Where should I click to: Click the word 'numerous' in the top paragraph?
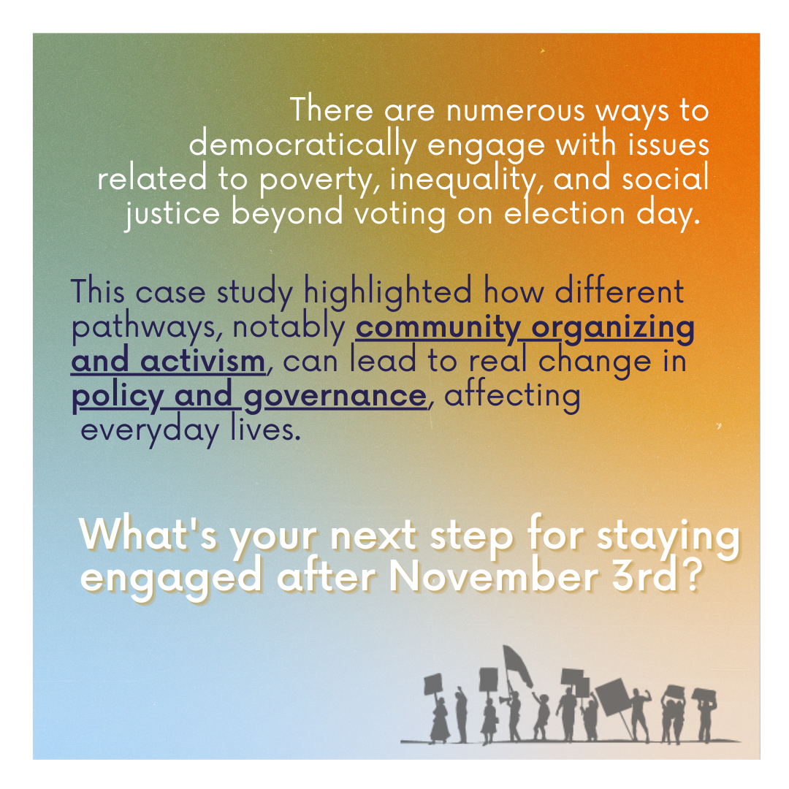tap(515, 110)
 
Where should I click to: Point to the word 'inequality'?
tap(466, 179)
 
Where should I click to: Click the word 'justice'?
tap(172, 214)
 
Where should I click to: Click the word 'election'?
tap(564, 213)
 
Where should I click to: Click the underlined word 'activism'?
tap(202, 361)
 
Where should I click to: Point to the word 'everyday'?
tap(150, 431)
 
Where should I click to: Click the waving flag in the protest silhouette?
tap(517, 666)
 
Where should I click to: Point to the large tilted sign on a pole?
tap(613, 697)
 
